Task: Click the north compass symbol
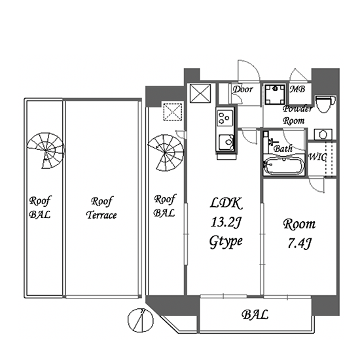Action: point(141,320)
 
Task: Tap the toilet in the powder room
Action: point(325,104)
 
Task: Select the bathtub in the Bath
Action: point(284,166)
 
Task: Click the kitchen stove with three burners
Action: point(225,118)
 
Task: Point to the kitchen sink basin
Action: point(226,142)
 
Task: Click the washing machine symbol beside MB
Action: point(275,94)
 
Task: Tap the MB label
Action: point(297,89)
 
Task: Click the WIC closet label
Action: point(317,157)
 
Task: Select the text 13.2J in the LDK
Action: point(226,223)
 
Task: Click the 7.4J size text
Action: point(299,243)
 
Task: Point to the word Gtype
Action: point(226,242)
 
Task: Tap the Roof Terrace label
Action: point(101,208)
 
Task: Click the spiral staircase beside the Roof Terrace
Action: point(46,151)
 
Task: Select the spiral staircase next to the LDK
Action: point(166,153)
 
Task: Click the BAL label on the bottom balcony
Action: point(255,315)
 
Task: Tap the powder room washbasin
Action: point(323,134)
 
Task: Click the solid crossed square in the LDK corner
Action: point(200,93)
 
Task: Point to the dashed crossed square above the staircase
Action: point(173,112)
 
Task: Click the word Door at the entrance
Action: point(243,89)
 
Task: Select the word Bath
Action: point(283,149)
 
